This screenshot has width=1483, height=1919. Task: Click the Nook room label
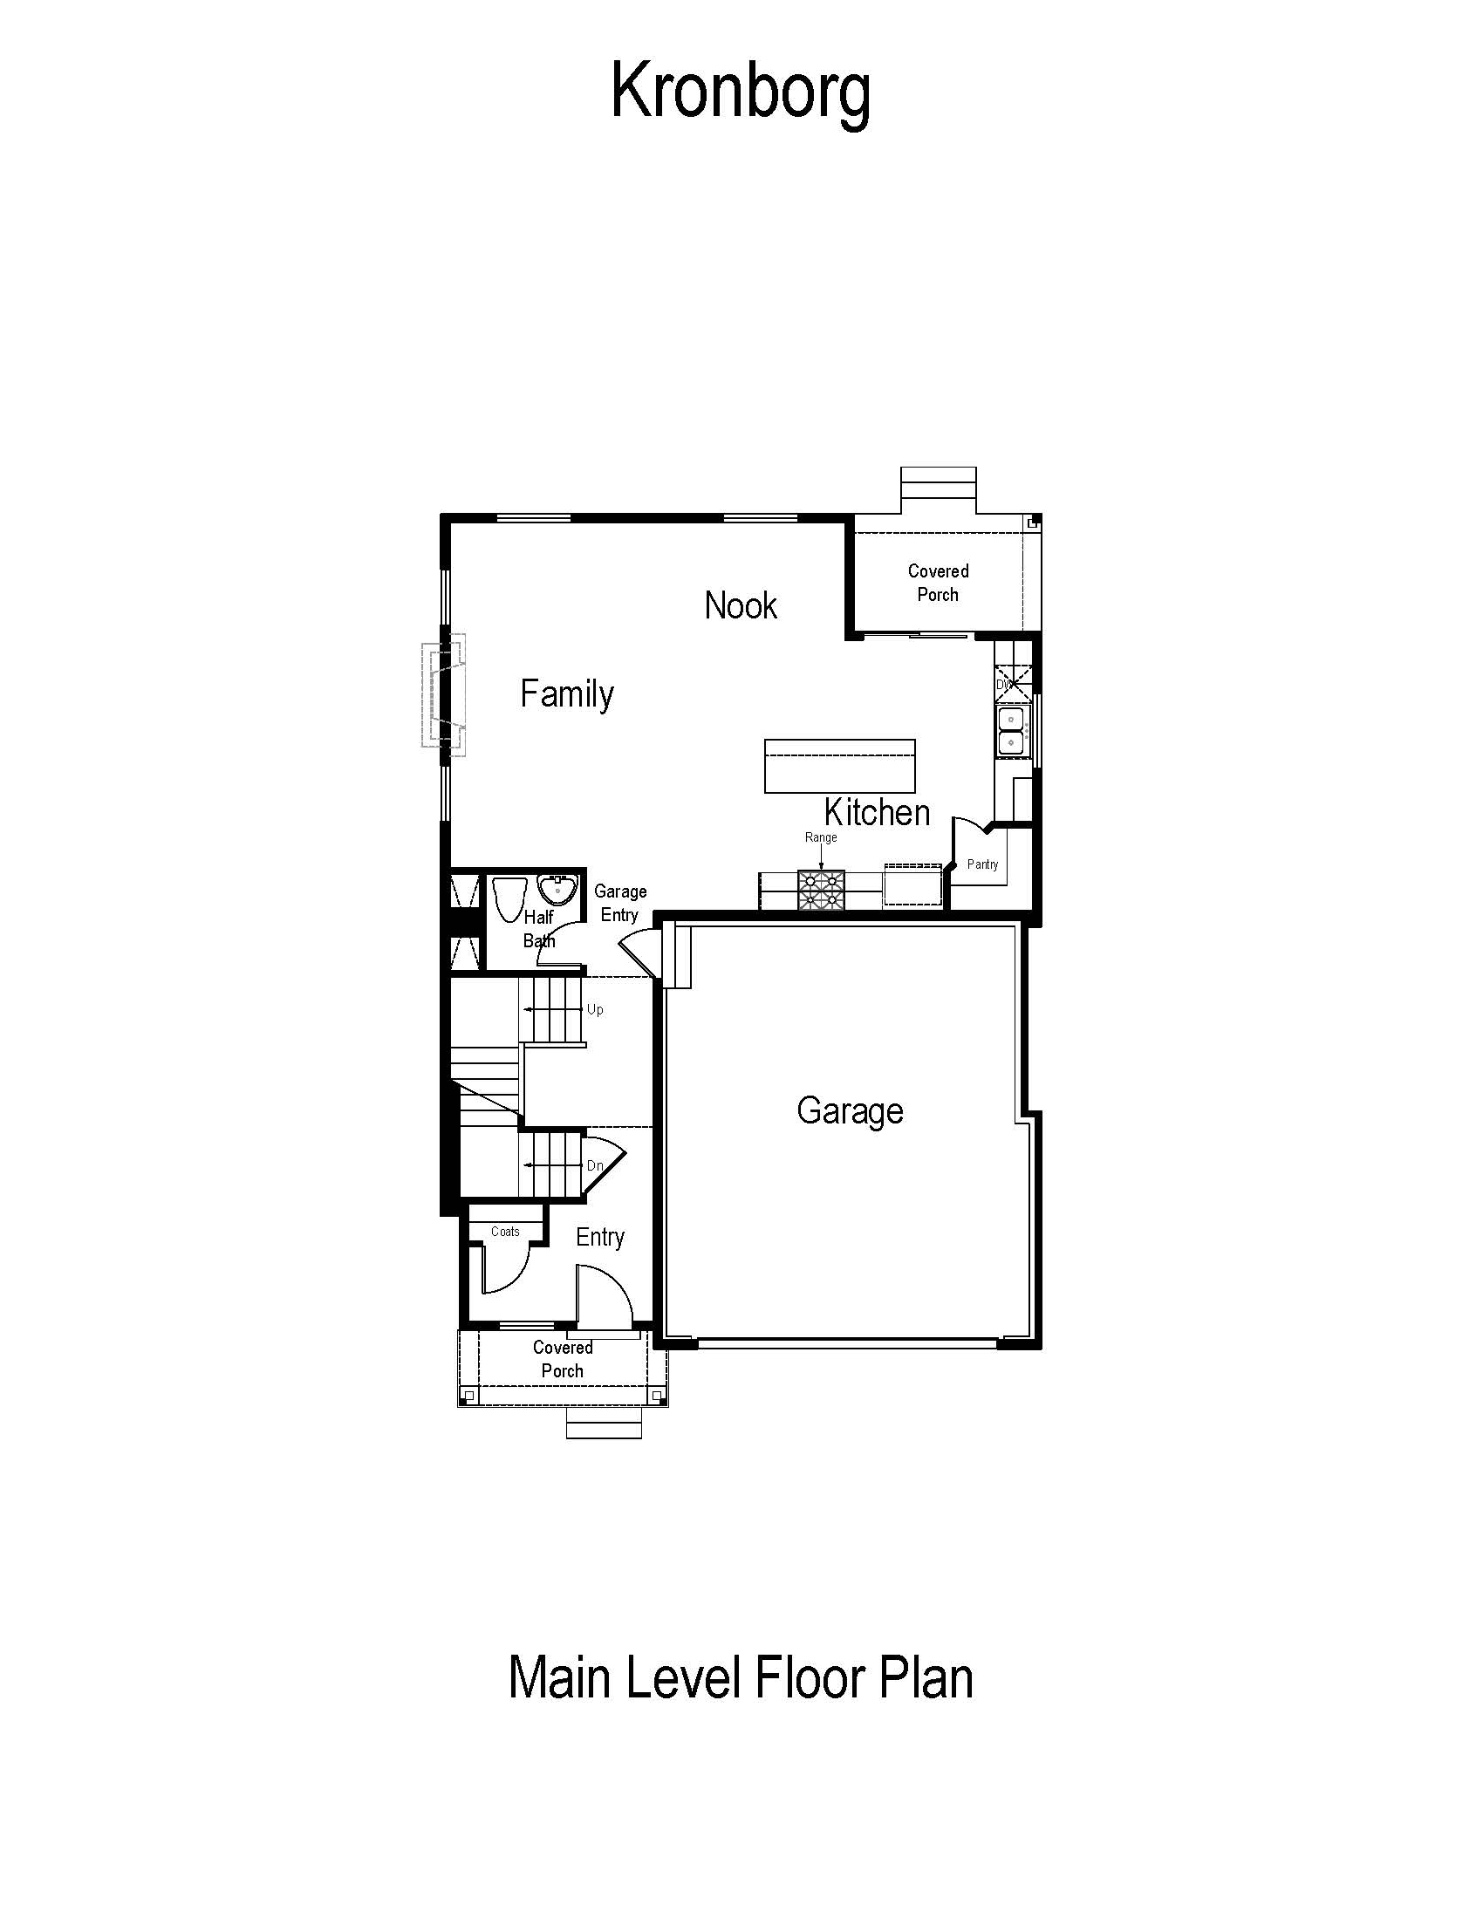[741, 605]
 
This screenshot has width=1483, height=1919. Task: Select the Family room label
[567, 694]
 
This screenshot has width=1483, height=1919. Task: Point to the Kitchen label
[877, 812]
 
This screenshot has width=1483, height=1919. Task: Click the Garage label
[850, 1111]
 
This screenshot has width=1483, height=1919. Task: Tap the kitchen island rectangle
[840, 766]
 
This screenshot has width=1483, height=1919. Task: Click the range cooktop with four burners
[821, 889]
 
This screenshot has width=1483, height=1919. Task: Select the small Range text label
[821, 837]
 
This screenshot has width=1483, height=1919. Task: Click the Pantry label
[982, 864]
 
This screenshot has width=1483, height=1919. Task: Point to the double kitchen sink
[1011, 732]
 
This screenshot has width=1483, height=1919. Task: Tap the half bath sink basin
[557, 891]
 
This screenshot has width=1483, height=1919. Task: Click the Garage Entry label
[620, 904]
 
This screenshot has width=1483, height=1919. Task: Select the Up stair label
[595, 1009]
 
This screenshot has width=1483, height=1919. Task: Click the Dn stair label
[595, 1165]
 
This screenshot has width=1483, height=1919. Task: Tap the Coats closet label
[505, 1232]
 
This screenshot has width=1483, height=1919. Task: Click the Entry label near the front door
[600, 1237]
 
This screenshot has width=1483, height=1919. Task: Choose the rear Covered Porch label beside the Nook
[939, 583]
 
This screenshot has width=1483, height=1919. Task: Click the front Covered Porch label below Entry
[563, 1359]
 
